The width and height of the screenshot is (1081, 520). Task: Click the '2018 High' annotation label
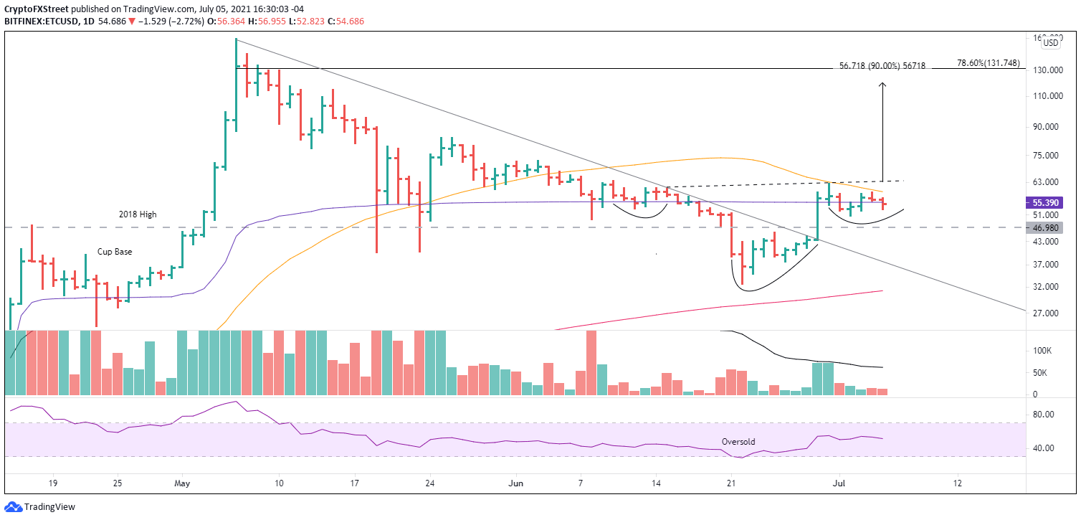pyautogui.click(x=138, y=214)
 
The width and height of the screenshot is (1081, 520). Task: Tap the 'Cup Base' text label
pyautogui.click(x=114, y=252)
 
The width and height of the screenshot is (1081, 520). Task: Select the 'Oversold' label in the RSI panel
pyautogui.click(x=738, y=442)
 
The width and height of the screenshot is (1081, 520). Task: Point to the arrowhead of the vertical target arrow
pyautogui.click(x=882, y=84)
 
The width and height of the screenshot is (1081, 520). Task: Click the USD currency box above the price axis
pyautogui.click(x=1050, y=42)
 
